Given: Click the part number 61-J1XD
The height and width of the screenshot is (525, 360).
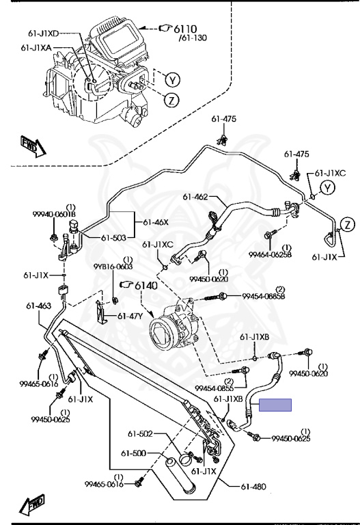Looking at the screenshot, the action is [43, 33].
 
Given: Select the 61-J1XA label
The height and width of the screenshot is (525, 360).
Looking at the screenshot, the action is [36, 48].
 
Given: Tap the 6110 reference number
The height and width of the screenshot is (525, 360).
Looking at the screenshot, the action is [185, 29].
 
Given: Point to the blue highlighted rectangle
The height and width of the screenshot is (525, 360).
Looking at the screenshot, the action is [275, 405].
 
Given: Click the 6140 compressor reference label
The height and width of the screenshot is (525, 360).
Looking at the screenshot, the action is [146, 286].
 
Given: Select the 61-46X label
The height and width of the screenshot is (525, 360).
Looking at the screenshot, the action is [156, 222].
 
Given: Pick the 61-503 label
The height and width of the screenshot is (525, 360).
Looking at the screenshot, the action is [114, 238].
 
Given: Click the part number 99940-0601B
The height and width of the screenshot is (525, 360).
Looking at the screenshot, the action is [54, 214].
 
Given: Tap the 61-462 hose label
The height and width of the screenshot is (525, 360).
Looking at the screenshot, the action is [195, 197].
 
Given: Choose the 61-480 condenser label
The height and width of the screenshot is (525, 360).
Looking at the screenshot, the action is [253, 487].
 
